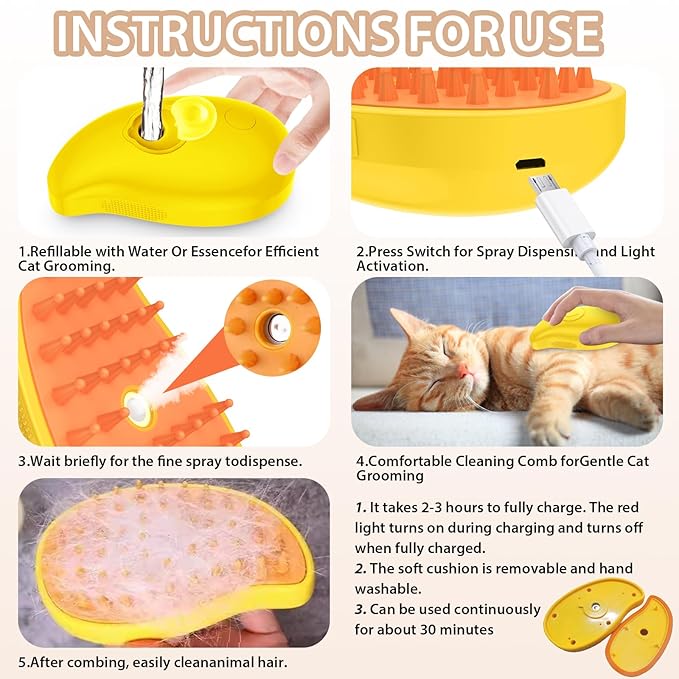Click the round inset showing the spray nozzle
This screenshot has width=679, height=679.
[270, 325]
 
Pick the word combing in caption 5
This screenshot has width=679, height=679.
[93, 661]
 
